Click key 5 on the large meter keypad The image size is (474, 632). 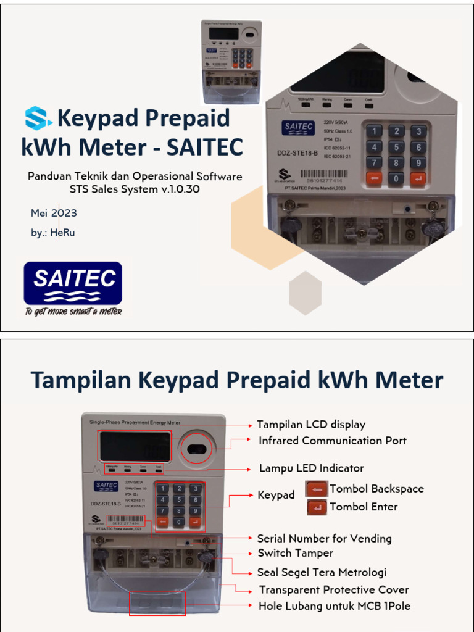click(396, 148)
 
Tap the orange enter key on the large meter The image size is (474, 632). click(418, 179)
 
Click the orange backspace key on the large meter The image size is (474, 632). click(373, 179)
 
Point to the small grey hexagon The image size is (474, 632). click(306, 293)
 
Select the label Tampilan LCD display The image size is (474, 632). click(311, 425)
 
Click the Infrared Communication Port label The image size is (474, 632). click(333, 441)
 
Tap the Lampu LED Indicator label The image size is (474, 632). click(311, 468)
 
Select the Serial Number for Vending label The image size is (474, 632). click(324, 539)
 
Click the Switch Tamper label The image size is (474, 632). click(295, 553)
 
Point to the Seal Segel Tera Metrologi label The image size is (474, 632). click(322, 572)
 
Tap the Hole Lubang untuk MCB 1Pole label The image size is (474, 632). click(334, 605)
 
